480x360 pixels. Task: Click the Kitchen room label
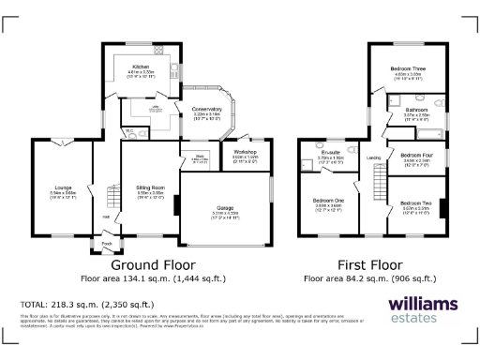point(140,67)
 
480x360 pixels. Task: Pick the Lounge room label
point(63,188)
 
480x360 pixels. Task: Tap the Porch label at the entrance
point(106,246)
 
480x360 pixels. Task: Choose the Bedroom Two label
point(414,202)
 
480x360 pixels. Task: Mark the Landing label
point(372,157)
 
